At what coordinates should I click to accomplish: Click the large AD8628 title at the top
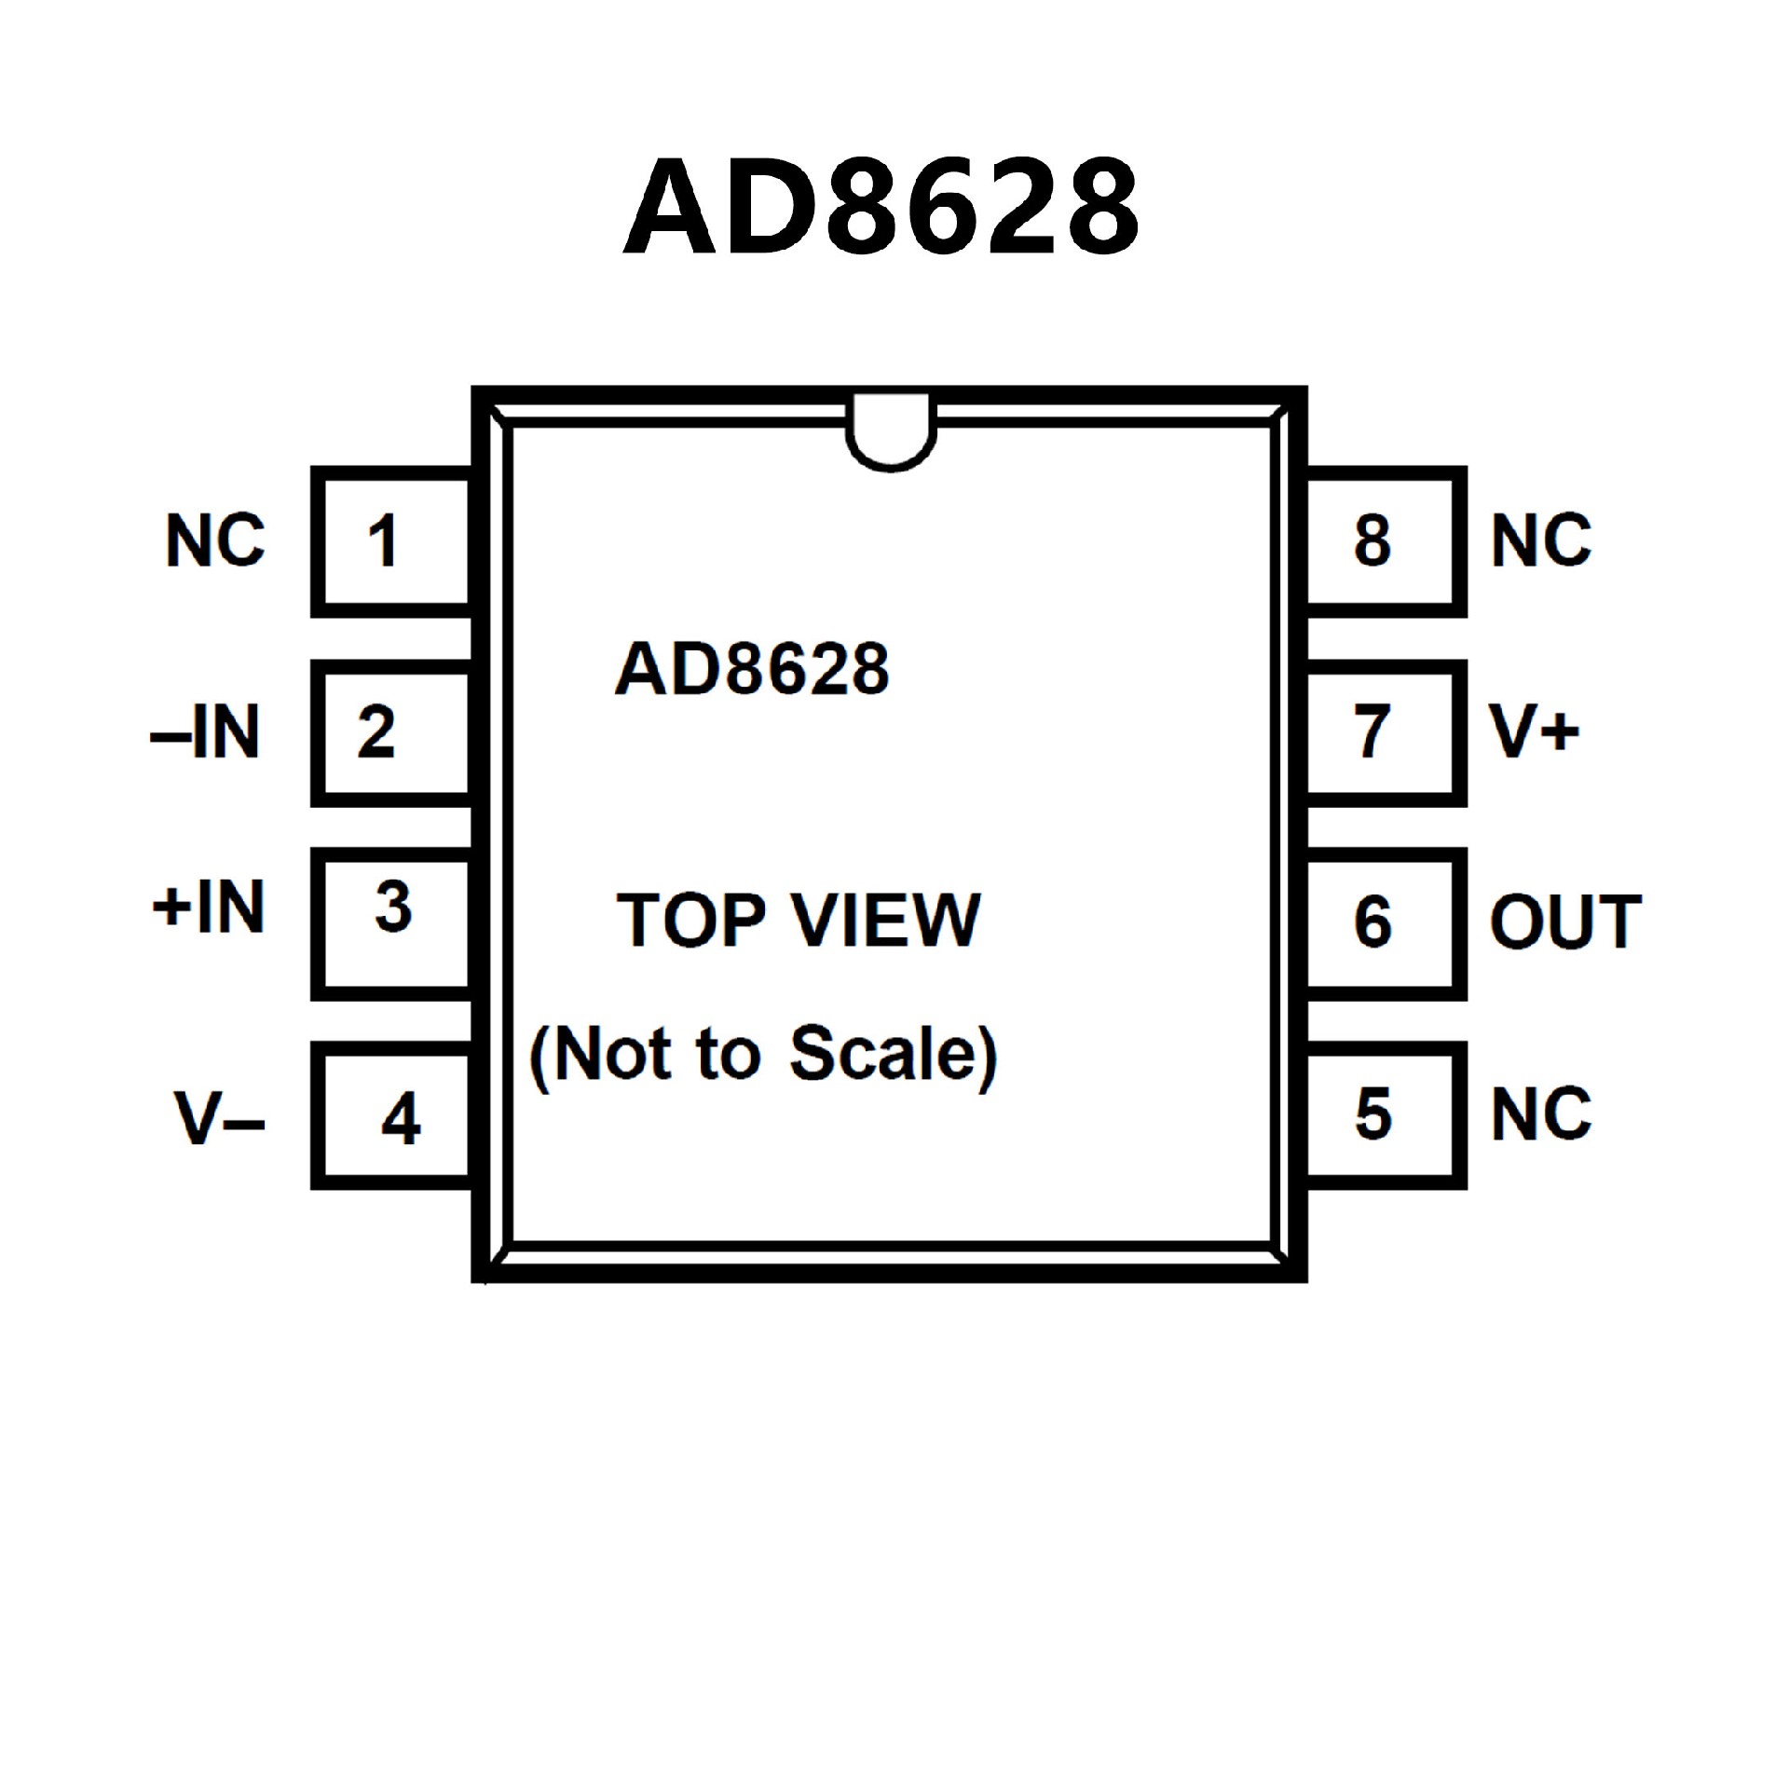coord(881,206)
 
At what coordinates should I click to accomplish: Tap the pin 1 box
coord(391,541)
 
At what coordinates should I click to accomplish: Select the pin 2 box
coord(391,733)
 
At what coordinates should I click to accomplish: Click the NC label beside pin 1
coord(215,540)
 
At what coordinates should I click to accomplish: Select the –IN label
coord(205,733)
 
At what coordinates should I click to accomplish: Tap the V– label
coord(219,1118)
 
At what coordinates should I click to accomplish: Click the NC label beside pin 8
coord(1541,540)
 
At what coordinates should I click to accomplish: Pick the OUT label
coord(1565,922)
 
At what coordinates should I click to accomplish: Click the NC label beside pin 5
coord(1541,1114)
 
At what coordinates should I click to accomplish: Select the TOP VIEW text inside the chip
coord(799,921)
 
